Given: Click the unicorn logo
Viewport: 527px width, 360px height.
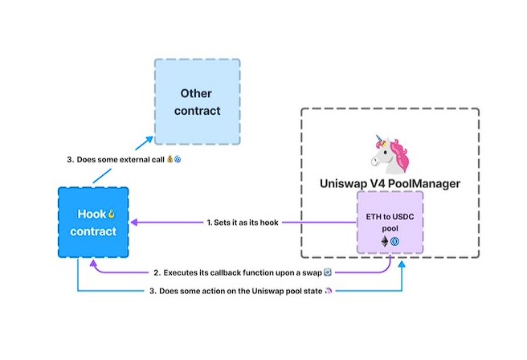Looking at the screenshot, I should click(x=390, y=153).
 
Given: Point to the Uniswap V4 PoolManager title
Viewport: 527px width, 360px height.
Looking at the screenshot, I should click(x=390, y=184).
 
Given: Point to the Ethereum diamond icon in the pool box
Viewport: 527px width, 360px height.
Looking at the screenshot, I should click(x=384, y=241).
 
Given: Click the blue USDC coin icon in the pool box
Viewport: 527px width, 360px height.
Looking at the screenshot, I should click(x=395, y=241).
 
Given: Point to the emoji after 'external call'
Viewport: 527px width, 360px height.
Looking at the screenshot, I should click(x=172, y=160).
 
